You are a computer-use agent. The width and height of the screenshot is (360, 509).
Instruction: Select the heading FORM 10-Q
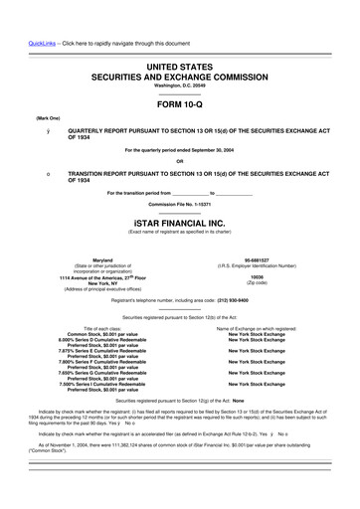pyautogui.click(x=179, y=102)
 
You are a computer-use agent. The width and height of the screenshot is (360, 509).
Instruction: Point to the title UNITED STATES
pyautogui.click(x=179, y=63)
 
